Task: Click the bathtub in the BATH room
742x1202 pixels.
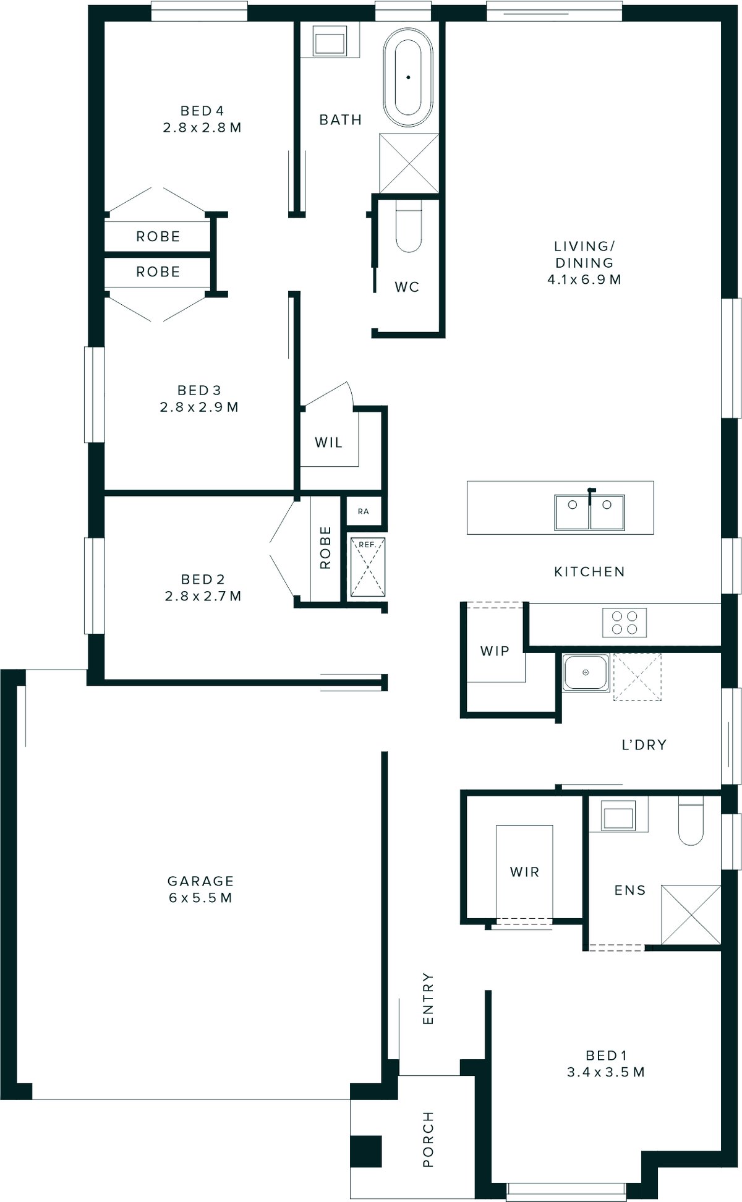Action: pos(407,77)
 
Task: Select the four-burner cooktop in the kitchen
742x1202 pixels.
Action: pos(625,622)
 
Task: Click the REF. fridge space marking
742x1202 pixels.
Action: pos(367,567)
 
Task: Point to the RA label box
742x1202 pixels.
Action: pos(364,511)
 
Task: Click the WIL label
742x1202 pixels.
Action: pos(328,443)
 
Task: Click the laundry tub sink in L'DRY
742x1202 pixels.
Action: pos(585,672)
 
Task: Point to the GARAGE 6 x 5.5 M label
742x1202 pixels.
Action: pos(200,889)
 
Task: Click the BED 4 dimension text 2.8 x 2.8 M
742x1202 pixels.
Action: pos(202,128)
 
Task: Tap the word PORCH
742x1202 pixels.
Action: pos(428,1140)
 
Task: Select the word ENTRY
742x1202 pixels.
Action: pos(428,998)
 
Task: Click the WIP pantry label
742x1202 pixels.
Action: pos(495,650)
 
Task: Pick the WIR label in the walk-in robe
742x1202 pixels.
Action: pos(524,872)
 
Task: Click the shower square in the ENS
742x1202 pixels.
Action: pos(691,914)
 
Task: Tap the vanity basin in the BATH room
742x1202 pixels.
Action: pos(330,42)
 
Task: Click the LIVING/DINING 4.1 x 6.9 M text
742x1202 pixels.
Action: pos(584,263)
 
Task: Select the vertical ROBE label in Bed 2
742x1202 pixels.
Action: pos(325,548)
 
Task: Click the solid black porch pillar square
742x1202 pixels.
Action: pos(365,1151)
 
